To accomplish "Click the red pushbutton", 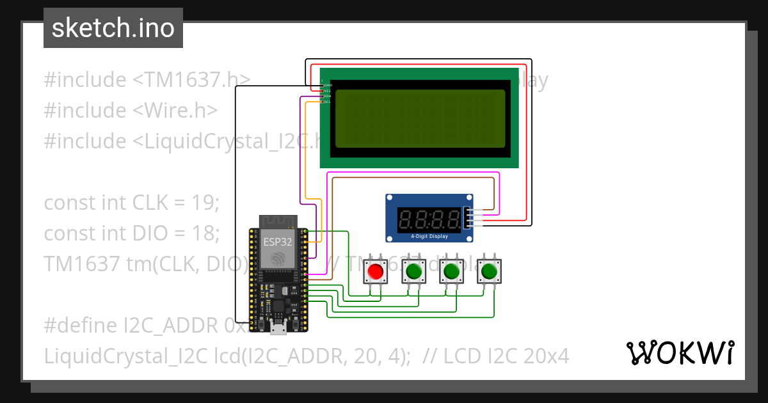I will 376,272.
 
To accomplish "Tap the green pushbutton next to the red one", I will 413,272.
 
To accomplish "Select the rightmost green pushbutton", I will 490,272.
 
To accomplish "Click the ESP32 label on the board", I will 277,242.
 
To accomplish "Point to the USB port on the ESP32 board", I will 278,329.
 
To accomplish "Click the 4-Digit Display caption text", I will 429,237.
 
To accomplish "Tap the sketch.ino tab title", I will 113,28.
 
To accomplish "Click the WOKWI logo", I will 680,352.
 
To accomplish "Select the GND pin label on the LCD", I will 328,85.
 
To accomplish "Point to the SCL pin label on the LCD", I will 327,102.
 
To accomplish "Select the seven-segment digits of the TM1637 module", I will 429,220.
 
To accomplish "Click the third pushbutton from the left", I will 452,272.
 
